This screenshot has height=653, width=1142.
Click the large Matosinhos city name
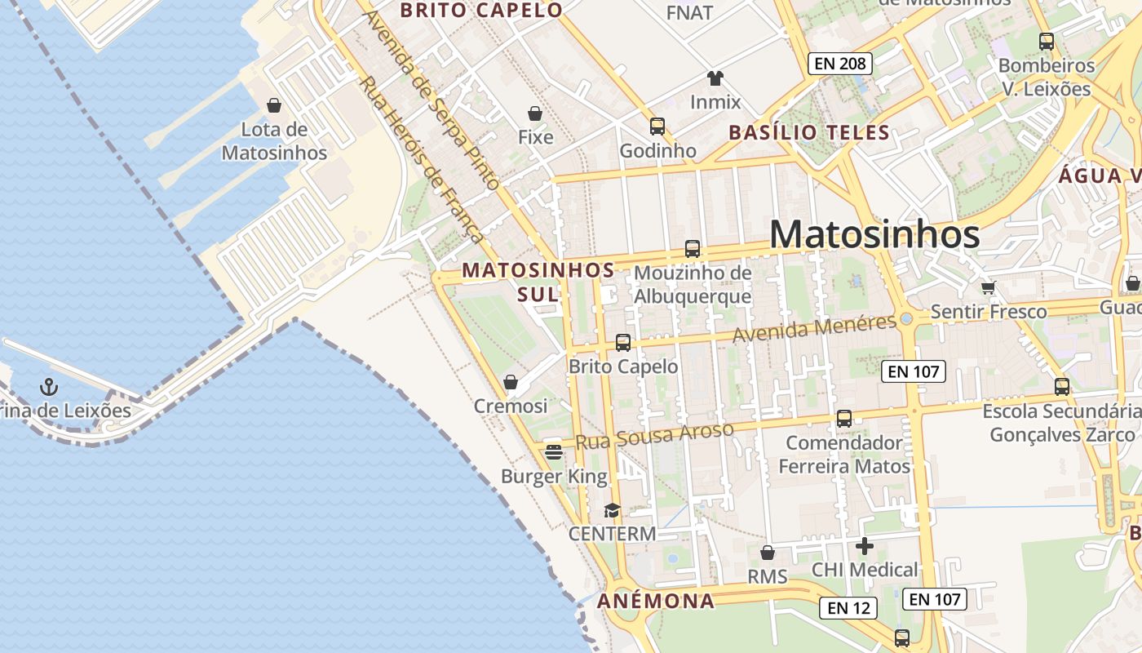pos(874,235)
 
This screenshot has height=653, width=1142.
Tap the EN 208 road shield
pos(840,64)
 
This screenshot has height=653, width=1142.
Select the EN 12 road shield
pos(848,608)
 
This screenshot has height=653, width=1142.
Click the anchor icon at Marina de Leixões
pos(49,385)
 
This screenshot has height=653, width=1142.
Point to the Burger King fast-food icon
pos(554,451)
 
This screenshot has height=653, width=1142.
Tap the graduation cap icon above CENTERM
pos(612,511)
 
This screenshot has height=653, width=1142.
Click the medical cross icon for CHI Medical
pos(865,546)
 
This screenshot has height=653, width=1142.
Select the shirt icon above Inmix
pos(715,78)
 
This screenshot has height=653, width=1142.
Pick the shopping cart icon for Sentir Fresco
pos(989,287)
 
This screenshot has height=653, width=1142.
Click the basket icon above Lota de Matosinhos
pos(274,105)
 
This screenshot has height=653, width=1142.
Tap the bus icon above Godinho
pos(657,127)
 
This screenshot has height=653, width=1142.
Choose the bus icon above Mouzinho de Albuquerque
pos(693,249)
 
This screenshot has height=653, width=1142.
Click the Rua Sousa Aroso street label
pos(654,435)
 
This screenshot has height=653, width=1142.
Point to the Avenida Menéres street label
pos(814,328)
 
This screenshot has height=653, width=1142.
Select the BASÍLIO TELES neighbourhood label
pos(808,132)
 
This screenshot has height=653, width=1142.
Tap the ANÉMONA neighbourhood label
pos(656,602)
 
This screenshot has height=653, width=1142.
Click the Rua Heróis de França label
pos(421,159)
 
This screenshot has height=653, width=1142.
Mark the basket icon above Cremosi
pos(511,382)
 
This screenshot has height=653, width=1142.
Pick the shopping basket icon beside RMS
pos(767,553)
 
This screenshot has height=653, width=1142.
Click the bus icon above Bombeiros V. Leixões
pos(1046,41)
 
